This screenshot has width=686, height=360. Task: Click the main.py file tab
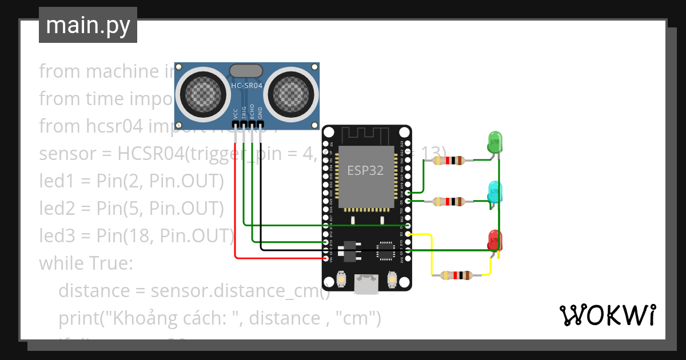[88, 25]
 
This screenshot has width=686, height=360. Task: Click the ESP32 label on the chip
[366, 170]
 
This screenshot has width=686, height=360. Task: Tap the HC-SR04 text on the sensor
[246, 86]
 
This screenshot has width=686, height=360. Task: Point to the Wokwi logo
[607, 315]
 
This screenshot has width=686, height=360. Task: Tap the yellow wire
[431, 251]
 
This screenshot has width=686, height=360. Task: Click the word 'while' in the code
[59, 263]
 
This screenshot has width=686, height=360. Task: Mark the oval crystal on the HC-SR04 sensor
[246, 70]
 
